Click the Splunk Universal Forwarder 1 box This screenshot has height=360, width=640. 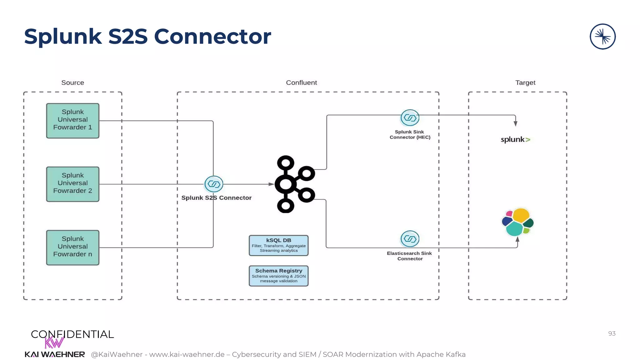[x=72, y=121]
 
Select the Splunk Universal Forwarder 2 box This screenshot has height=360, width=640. [x=72, y=184]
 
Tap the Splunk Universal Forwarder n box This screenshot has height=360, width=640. [x=72, y=247]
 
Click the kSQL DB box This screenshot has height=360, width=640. [x=278, y=245]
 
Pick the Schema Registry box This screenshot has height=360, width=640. [x=278, y=276]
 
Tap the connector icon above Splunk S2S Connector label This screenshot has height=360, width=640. [x=214, y=184]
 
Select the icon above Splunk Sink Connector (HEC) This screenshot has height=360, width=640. [x=410, y=118]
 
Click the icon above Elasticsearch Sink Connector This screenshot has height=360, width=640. [x=410, y=239]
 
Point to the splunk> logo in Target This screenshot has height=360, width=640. [x=515, y=140]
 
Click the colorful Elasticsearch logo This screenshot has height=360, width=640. [x=517, y=222]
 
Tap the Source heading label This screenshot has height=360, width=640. [x=72, y=82]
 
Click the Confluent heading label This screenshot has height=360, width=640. [x=301, y=82]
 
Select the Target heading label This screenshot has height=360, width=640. [x=525, y=82]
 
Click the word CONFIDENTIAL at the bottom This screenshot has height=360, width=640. [x=72, y=334]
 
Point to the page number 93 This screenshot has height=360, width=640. [x=612, y=333]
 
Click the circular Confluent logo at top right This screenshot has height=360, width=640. [x=602, y=37]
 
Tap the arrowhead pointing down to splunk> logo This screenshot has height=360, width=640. [x=515, y=123]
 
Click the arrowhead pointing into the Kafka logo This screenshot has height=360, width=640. [x=271, y=184]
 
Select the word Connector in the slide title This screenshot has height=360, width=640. [x=212, y=37]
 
